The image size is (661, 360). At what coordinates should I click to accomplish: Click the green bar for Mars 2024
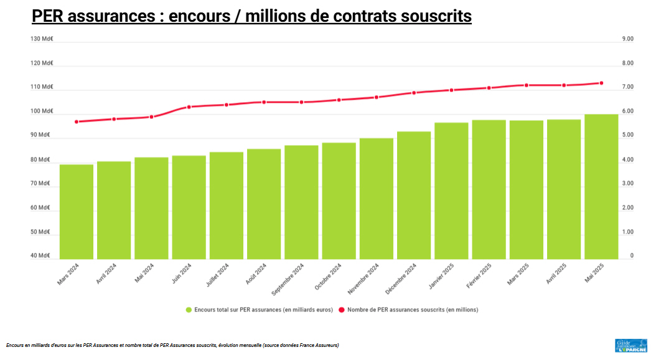77,212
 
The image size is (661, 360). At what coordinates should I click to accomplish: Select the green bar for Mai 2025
601,186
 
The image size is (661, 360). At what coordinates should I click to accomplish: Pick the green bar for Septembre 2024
301,202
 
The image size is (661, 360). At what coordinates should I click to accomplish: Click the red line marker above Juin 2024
189,107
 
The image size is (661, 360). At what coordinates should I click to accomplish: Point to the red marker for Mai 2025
601,83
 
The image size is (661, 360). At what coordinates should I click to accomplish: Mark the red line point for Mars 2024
77,122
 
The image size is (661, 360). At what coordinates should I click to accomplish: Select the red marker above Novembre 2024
377,97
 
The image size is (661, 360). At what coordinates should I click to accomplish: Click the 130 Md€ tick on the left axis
42,39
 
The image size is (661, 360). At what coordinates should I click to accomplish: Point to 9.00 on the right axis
627,39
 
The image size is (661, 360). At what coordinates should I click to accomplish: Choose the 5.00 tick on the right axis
627,135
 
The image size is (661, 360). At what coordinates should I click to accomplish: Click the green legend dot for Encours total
189,310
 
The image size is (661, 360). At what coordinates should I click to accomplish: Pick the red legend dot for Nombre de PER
342,310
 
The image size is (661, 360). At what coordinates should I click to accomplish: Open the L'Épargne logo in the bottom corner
631,346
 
